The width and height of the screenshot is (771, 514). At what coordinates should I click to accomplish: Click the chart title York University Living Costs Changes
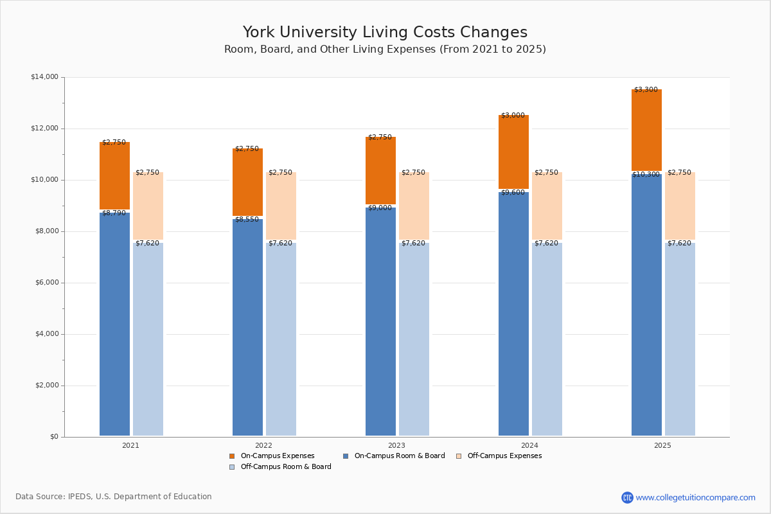[385, 33]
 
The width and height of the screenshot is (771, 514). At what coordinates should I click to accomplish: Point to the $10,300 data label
[646, 175]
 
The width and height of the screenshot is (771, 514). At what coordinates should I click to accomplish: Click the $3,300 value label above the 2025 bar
[646, 90]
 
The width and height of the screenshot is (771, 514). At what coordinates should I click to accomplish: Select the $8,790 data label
[114, 213]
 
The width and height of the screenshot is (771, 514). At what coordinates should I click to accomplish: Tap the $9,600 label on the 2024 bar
[513, 193]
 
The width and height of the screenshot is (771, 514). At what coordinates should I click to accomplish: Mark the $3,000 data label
[513, 116]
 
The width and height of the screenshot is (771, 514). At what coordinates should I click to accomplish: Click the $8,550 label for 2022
[247, 220]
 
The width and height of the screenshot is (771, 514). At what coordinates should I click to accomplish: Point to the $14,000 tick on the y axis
[44, 77]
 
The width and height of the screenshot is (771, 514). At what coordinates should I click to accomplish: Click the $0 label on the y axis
[53, 437]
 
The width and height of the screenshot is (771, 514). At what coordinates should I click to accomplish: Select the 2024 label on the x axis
[529, 445]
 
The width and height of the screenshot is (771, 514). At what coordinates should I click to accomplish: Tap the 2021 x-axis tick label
[130, 445]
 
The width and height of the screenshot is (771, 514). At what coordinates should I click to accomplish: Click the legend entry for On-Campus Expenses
[277, 456]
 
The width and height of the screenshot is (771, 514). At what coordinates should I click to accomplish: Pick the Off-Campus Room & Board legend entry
[285, 467]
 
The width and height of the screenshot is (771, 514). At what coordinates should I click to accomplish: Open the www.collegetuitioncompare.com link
[695, 497]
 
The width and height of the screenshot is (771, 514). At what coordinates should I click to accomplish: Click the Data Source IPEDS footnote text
[114, 497]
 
